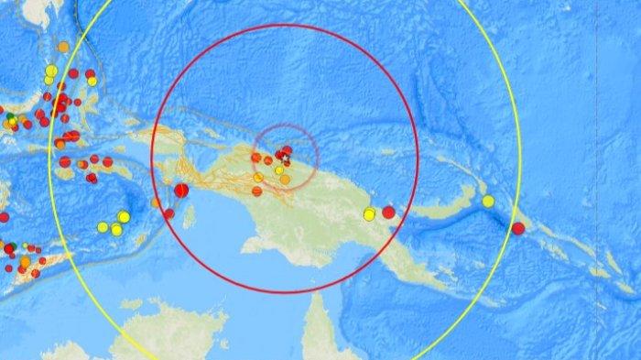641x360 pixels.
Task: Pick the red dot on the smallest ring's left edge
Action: (x=255, y=158)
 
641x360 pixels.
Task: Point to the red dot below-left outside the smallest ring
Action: (x=257, y=191)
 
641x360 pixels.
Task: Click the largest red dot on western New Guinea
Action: (x=181, y=190)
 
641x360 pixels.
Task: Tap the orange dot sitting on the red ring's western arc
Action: (x=156, y=203)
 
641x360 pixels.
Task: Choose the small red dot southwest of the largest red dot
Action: (x=168, y=213)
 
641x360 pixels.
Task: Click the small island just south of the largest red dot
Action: (x=190, y=217)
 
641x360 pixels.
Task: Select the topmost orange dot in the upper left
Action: (x=62, y=46)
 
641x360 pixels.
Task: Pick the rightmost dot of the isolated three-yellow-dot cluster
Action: (x=124, y=217)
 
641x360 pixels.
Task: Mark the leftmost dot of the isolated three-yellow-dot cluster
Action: (x=103, y=226)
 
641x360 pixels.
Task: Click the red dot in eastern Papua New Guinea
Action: (x=388, y=213)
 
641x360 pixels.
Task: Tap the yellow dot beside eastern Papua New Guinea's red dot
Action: (x=369, y=214)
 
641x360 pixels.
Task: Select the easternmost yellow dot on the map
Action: (x=488, y=202)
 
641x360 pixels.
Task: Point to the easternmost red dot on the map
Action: (x=518, y=228)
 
